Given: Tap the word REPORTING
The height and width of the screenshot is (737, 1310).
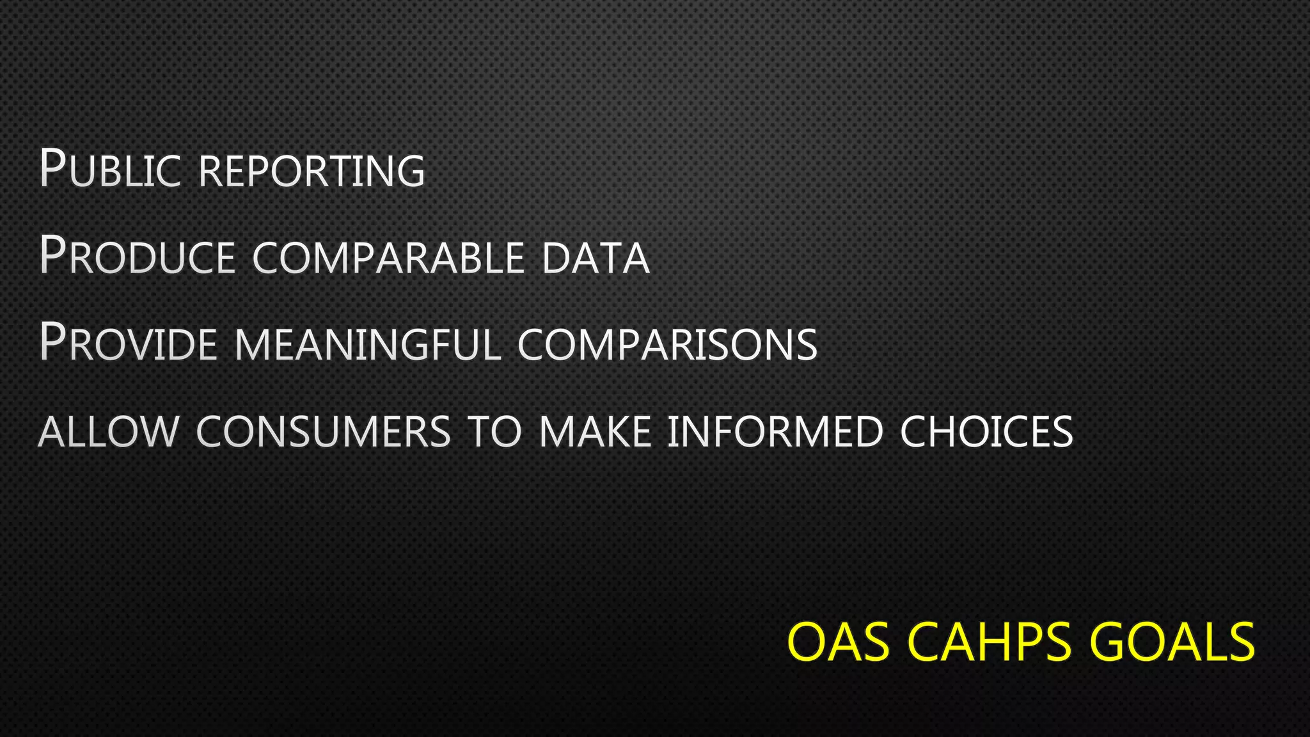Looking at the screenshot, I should tap(312, 171).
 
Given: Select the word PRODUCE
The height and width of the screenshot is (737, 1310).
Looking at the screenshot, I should tap(138, 256).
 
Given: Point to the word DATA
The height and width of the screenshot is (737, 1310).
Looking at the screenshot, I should tap(596, 257).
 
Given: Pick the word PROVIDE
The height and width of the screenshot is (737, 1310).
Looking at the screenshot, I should tap(129, 343).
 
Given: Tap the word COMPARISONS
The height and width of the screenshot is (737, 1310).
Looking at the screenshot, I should tap(667, 344).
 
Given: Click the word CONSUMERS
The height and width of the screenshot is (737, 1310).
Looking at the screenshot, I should tap(324, 431).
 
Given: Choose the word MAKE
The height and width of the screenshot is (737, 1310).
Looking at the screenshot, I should tap(595, 431).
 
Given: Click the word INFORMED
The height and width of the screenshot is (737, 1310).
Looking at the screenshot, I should tap(775, 431).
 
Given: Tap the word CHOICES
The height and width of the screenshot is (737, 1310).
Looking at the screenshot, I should tap(986, 431).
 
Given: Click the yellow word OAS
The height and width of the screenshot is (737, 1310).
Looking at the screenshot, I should tap(838, 642).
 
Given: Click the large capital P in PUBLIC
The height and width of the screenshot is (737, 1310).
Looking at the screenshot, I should tap(52, 168).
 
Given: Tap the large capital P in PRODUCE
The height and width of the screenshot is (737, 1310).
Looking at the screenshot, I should tap(52, 255).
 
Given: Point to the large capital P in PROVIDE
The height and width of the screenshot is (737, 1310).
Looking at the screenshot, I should tap(52, 342).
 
